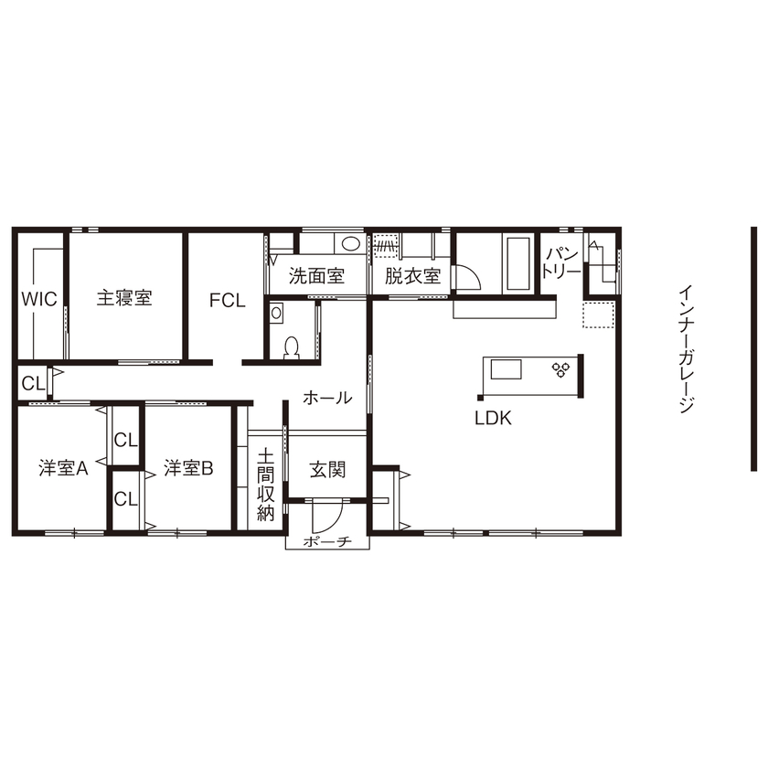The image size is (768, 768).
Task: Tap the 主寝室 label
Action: [124, 298]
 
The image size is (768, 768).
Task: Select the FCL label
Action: [227, 300]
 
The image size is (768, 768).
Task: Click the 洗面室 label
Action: [316, 274]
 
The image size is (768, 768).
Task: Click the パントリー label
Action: [560, 262]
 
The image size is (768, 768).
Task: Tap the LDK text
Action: [492, 419]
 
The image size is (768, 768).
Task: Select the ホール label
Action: [327, 398]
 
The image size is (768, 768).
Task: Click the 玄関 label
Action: [327, 470]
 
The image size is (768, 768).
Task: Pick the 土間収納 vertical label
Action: [265, 485]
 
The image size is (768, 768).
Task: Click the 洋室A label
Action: [63, 469]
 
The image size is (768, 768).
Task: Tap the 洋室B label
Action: [188, 469]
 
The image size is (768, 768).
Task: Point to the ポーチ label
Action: [327, 542]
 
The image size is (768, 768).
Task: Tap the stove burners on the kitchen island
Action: [559, 369]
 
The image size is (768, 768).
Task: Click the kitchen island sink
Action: [507, 369]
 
